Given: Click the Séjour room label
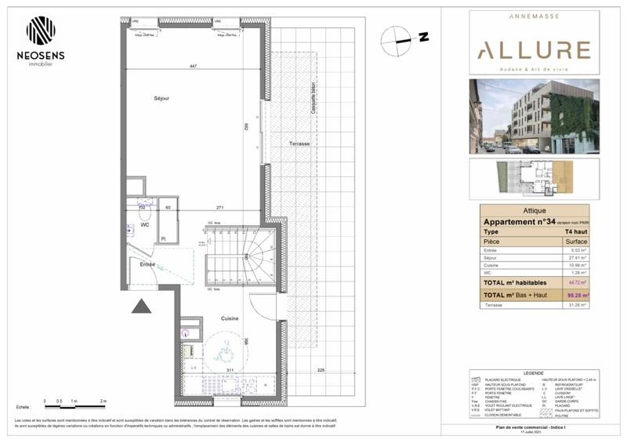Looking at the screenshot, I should coord(161,98).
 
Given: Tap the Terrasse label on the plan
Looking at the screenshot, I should coord(299,144).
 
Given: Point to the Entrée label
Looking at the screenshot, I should coord(147,265).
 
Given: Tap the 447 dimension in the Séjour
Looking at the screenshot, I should coord(192,67).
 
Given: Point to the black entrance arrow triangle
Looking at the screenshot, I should coord(141,306).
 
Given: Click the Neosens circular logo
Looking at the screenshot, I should coord(41,31).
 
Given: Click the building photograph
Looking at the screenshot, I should coord(535,116).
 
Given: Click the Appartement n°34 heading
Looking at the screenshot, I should coord(521,222).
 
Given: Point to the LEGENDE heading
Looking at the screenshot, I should coord(535,372).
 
